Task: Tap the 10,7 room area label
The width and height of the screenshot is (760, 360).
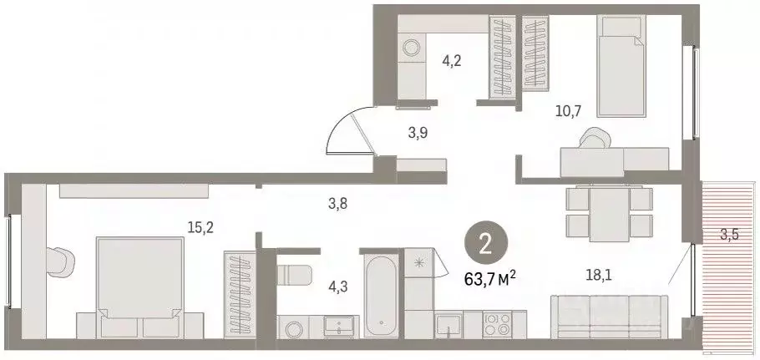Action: [x=568, y=111]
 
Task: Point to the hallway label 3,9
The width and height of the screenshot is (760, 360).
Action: [x=418, y=134]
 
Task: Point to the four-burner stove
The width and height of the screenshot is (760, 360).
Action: [x=497, y=325]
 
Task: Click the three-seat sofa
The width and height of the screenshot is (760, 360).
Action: [x=610, y=317]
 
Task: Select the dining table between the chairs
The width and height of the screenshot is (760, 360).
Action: [x=610, y=213]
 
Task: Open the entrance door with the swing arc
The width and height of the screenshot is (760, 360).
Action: [x=351, y=129]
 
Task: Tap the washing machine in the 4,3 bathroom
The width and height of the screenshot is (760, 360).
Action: [x=293, y=329]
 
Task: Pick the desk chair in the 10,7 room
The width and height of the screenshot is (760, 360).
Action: [x=595, y=138]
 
